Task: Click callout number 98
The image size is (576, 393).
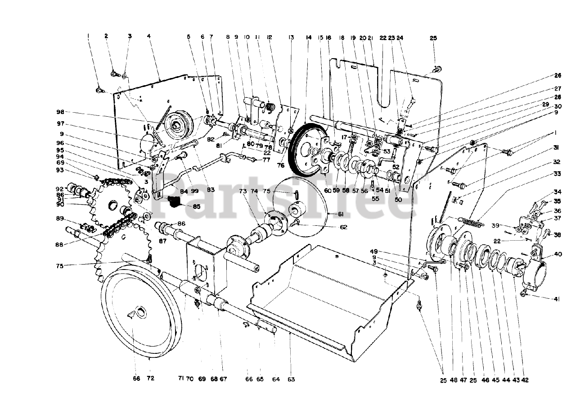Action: click(x=60, y=112)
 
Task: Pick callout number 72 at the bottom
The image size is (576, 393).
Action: click(x=150, y=379)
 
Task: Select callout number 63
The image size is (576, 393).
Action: click(x=291, y=379)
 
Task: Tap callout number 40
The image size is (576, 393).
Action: click(x=558, y=254)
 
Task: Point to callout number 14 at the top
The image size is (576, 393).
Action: click(x=308, y=38)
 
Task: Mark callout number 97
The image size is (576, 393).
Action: click(x=60, y=123)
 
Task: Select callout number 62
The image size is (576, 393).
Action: click(x=343, y=227)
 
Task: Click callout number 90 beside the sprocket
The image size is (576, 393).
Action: click(x=60, y=204)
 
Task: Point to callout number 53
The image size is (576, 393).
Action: click(x=387, y=151)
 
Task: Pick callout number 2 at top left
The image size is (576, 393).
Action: click(x=107, y=36)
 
